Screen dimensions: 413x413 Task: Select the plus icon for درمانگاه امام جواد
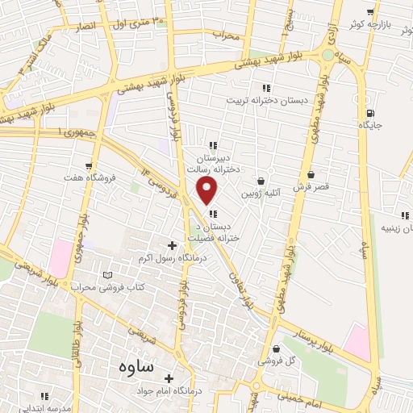(x=169, y=378)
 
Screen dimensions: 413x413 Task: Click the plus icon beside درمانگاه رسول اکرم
(x=172, y=244)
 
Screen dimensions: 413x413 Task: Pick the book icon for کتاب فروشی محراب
(x=107, y=275)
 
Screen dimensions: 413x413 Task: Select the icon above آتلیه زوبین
(x=260, y=181)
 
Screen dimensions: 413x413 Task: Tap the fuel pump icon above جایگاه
(x=370, y=113)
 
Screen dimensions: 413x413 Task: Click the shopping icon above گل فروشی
(x=276, y=349)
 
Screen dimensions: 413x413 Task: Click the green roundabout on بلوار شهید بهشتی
(x=327, y=54)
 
